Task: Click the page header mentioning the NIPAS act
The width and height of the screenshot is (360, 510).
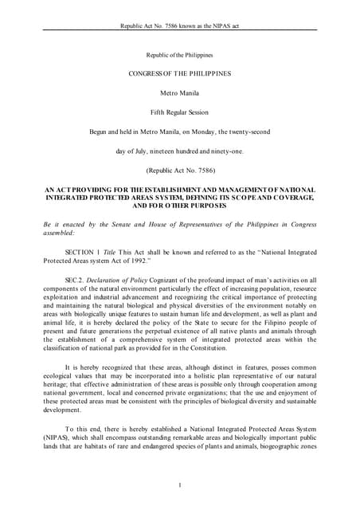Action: coord(180,26)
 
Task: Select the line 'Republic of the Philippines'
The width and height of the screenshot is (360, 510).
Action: coord(180,55)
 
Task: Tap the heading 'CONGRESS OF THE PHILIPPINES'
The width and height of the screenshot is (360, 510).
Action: coord(180,73)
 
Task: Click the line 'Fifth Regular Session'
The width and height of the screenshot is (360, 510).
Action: coord(180,112)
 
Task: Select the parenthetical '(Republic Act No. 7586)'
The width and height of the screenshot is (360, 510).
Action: coord(180,170)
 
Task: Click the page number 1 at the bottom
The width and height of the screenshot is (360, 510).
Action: coord(180,484)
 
